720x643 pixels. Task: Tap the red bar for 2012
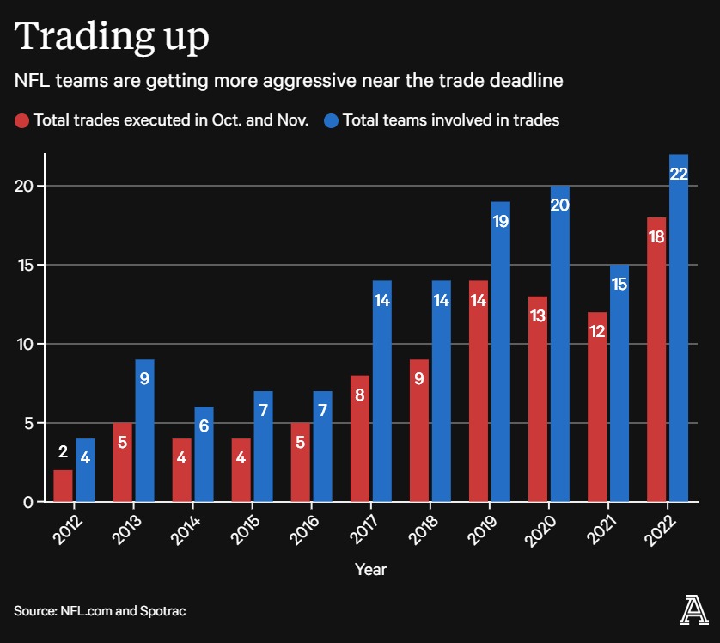coord(63,486)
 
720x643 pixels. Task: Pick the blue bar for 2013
coord(144,430)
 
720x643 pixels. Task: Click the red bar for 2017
coord(360,438)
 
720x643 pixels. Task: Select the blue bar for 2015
coord(263,446)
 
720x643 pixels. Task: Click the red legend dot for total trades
coord(22,120)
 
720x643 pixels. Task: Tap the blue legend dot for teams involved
coord(331,120)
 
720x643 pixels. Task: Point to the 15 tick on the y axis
coord(29,265)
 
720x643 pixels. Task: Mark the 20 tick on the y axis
coord(29,187)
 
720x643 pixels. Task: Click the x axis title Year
coord(370,569)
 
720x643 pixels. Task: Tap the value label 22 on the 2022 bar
coord(679,174)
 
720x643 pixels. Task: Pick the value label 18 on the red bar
coord(657,236)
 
